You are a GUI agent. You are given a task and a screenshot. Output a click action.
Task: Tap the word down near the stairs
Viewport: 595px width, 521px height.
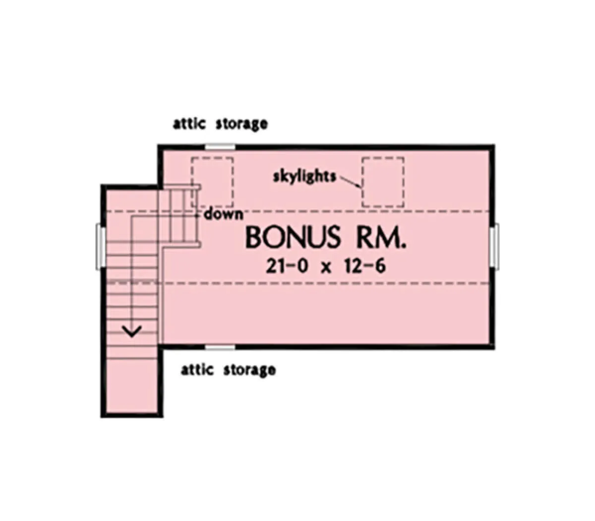[223, 214]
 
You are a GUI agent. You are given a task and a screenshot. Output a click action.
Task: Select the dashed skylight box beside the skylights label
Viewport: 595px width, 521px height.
[383, 182]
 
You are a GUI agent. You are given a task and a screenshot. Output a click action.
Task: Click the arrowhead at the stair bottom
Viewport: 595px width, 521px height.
[132, 330]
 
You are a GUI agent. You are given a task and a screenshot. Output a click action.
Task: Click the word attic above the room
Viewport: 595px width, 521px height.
[189, 124]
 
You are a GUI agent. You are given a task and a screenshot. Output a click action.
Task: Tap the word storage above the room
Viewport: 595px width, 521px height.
[241, 125]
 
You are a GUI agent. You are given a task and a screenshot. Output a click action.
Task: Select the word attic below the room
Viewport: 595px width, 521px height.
[197, 370]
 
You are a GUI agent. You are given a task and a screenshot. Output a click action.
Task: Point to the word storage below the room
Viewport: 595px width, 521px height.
[249, 371]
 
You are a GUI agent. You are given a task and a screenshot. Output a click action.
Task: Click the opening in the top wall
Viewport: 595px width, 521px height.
[220, 147]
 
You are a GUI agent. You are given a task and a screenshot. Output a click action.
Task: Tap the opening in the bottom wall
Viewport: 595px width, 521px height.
[220, 346]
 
